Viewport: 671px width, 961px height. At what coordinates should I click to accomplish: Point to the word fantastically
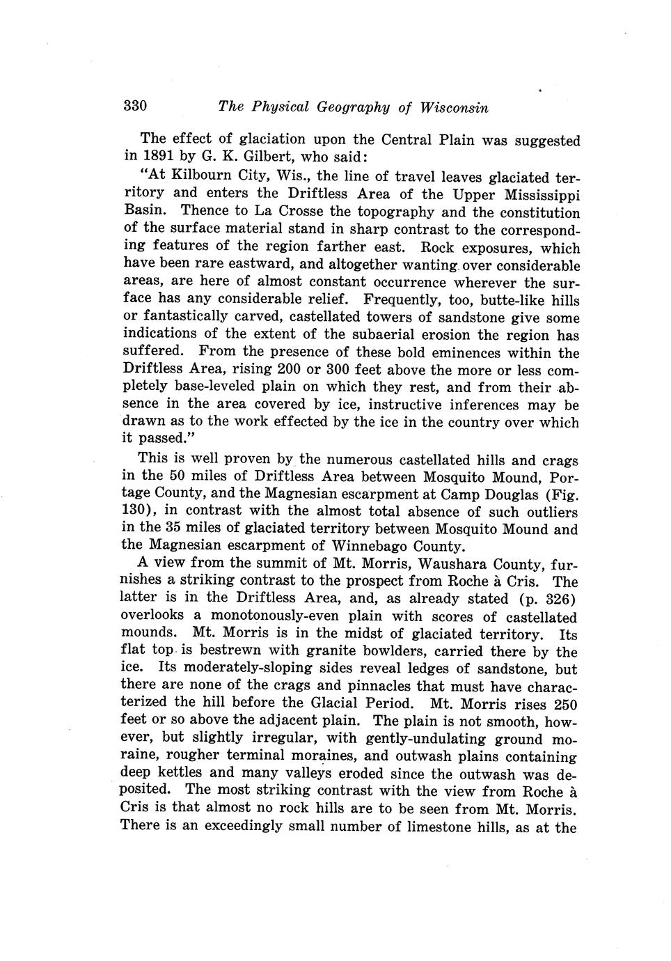pos(187,318)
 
